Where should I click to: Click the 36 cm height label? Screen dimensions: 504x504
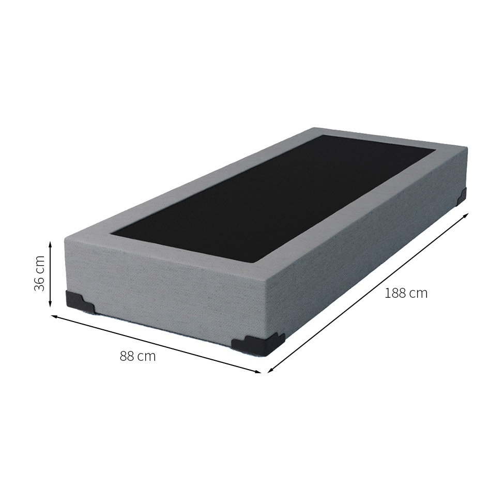[40, 273]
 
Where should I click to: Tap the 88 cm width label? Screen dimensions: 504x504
[138, 356]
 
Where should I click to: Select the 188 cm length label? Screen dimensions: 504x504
[406, 294]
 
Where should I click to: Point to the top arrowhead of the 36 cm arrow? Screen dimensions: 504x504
[50, 243]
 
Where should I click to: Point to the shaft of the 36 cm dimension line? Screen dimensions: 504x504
[50, 273]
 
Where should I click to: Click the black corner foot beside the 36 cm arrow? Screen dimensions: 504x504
[80, 302]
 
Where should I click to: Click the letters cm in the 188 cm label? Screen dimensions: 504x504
[418, 294]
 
